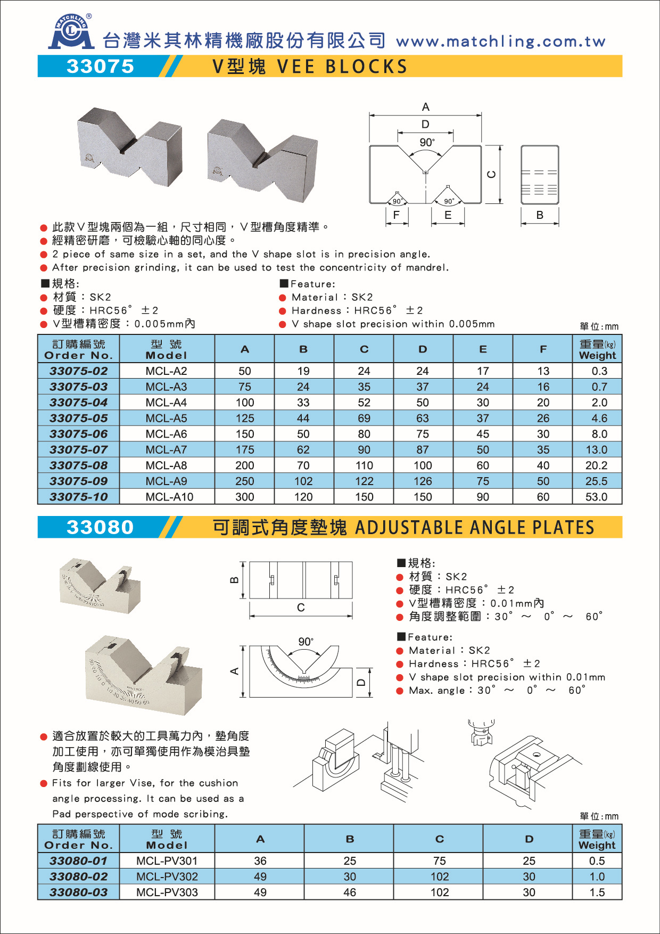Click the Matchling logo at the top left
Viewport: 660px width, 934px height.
(x=71, y=33)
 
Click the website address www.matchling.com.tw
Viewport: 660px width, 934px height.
(x=500, y=42)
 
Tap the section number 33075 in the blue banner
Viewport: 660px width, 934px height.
(x=101, y=67)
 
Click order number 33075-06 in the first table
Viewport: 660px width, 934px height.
(x=79, y=434)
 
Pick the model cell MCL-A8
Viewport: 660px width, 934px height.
(x=167, y=465)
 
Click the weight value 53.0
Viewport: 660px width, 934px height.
(x=596, y=497)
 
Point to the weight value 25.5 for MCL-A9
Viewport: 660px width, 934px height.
(x=596, y=481)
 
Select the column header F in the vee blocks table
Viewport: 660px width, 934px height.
(x=543, y=349)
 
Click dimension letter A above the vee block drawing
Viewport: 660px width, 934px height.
(x=426, y=107)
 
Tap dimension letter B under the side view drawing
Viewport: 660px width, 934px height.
(x=540, y=215)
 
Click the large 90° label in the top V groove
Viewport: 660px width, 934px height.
(x=427, y=142)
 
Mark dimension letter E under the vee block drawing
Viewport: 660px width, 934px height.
(x=448, y=215)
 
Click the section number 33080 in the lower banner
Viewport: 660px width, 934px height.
(x=101, y=527)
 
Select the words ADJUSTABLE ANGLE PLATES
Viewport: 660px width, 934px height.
(x=474, y=528)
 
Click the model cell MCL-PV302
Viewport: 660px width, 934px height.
(x=167, y=876)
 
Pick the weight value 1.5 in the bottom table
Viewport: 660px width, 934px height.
(x=597, y=892)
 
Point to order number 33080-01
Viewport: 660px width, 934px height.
(x=79, y=861)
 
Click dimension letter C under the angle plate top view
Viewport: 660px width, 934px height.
(x=301, y=608)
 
